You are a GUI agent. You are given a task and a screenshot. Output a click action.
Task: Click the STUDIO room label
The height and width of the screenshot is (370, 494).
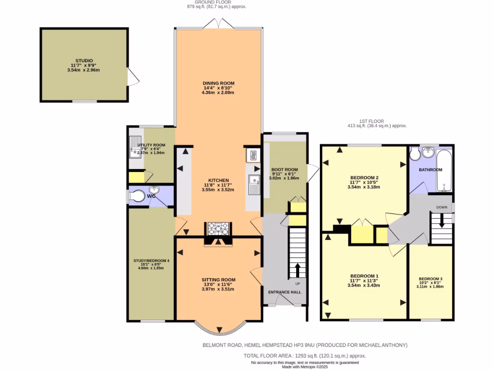pyautogui.click(x=84, y=61)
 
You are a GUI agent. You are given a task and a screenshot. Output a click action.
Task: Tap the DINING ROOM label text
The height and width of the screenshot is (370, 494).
pyautogui.click(x=218, y=83)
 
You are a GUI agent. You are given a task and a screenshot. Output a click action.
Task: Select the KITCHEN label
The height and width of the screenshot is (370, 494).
pyautogui.click(x=218, y=180)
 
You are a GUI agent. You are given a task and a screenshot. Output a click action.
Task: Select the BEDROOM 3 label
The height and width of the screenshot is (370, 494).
pyautogui.click(x=430, y=279)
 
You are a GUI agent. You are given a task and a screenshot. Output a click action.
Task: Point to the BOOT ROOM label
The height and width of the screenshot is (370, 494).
pyautogui.click(x=285, y=170)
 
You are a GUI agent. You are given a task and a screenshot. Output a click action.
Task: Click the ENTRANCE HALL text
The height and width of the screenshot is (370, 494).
pyautogui.click(x=284, y=292)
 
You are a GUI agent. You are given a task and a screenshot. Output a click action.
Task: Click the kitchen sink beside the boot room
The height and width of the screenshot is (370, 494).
pyautogui.click(x=254, y=185)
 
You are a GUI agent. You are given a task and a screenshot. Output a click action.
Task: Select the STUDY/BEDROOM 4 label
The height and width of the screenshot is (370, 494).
pyautogui.click(x=151, y=261)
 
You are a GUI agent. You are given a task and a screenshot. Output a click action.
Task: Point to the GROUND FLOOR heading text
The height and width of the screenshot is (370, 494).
pyautogui.click(x=217, y=2)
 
